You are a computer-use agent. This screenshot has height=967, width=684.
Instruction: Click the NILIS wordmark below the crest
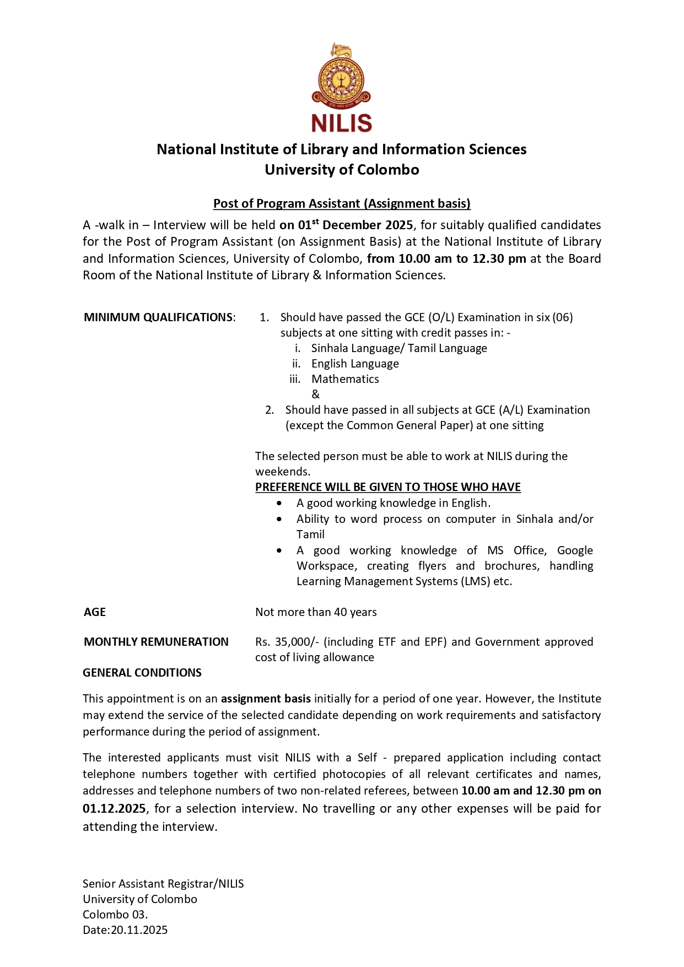(x=341, y=123)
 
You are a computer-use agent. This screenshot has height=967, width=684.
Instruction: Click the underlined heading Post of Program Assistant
(x=342, y=203)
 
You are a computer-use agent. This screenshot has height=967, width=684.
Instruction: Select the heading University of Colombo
(x=342, y=170)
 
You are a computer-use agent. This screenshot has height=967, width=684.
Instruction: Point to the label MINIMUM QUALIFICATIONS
(x=159, y=317)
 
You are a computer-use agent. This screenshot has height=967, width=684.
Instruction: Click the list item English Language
(x=355, y=364)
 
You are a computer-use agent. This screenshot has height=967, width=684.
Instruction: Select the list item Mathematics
(x=345, y=379)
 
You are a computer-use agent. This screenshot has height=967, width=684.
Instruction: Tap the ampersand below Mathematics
(x=315, y=395)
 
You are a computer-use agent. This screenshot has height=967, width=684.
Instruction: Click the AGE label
(x=95, y=612)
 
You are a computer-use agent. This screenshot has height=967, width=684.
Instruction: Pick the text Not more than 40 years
(x=316, y=612)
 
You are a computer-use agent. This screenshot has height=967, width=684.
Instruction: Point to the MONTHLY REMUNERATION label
(x=156, y=642)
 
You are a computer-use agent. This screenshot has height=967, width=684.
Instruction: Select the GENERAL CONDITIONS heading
(x=142, y=673)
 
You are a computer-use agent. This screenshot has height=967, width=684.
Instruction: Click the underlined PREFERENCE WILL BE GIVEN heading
(x=387, y=487)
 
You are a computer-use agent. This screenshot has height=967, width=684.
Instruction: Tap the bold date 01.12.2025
(x=114, y=809)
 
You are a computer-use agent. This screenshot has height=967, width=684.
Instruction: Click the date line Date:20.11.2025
(x=125, y=930)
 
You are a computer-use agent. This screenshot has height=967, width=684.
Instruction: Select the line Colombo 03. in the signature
(x=115, y=915)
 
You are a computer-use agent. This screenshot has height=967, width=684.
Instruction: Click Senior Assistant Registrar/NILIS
(x=163, y=884)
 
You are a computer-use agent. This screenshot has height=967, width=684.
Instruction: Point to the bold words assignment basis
(x=266, y=699)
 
